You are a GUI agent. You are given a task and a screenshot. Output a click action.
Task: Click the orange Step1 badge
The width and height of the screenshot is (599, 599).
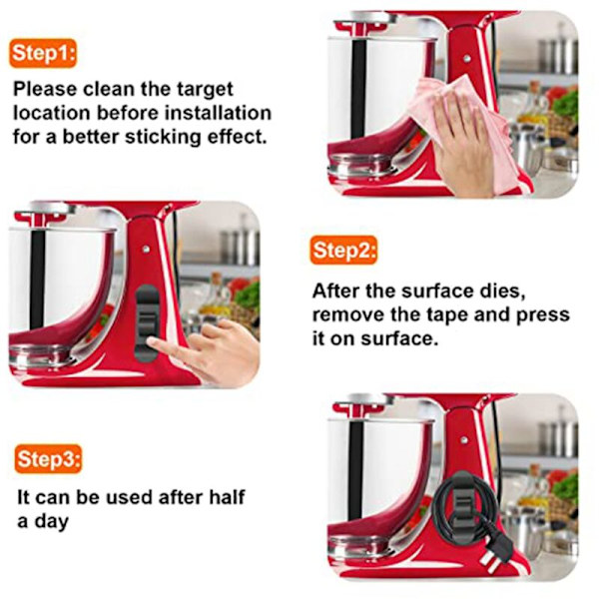pyautogui.click(x=43, y=53)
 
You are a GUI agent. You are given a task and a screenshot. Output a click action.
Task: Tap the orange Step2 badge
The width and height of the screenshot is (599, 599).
pyautogui.click(x=343, y=251)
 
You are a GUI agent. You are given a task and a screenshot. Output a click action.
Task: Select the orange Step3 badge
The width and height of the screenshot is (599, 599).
pyautogui.click(x=48, y=459)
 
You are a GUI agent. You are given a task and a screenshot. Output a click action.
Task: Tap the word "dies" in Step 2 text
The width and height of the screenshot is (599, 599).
pyautogui.click(x=504, y=292)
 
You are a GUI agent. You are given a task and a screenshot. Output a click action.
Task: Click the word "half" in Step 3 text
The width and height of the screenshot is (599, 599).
pyautogui.click(x=227, y=497)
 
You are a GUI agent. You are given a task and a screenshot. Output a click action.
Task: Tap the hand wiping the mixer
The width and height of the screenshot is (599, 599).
pyautogui.click(x=463, y=145)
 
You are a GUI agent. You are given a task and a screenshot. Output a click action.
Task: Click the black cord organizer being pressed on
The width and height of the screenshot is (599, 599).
pyautogui.click(x=147, y=322)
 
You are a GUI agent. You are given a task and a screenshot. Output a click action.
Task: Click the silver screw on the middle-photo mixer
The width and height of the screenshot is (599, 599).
pyautogui.click(x=146, y=249)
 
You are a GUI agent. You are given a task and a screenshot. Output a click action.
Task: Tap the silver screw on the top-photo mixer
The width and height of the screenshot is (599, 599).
pyautogui.click(x=466, y=59)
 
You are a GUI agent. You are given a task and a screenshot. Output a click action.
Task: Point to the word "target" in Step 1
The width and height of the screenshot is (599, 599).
pyautogui.click(x=205, y=90)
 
